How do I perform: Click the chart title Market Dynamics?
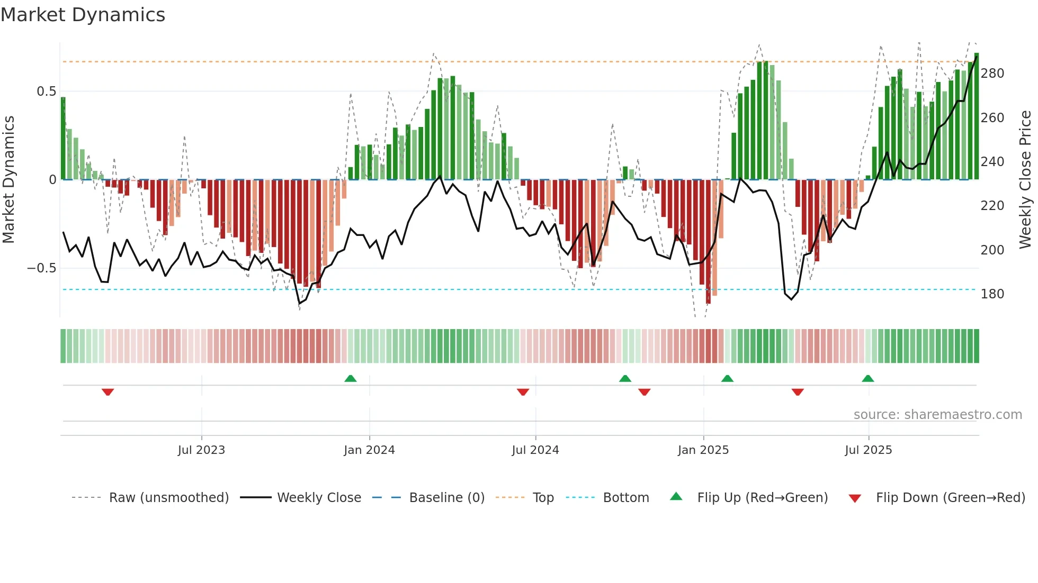pos(83,15)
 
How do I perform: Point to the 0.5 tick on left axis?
pos(46,92)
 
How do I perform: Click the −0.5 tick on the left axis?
pos(41,268)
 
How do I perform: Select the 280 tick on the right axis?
pos(992,74)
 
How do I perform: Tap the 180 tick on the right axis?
pos(992,294)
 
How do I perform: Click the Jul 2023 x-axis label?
pos(201,450)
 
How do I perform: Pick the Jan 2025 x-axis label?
pos(703,450)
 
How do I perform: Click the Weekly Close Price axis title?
pos(1025,180)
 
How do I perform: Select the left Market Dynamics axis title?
pos(8,180)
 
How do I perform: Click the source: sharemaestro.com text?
pos(937,415)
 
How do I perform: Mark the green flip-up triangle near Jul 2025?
pos(867,379)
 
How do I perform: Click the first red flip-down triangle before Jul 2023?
pos(108,392)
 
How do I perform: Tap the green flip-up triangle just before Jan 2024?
pos(350,379)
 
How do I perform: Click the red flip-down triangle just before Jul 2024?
pos(523,392)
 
